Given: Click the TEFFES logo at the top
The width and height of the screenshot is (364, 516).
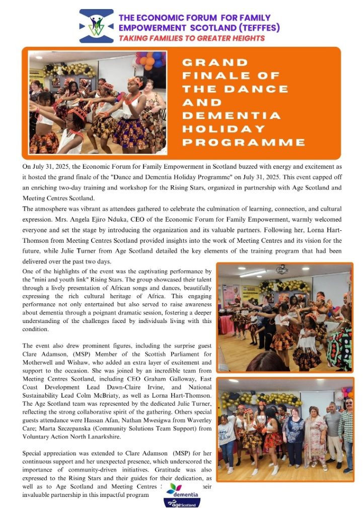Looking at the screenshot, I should [x=97, y=26].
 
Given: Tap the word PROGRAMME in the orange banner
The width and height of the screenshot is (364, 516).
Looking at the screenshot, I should [x=244, y=142].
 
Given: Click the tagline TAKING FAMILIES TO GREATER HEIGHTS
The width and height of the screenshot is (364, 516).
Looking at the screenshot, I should [x=191, y=38].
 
